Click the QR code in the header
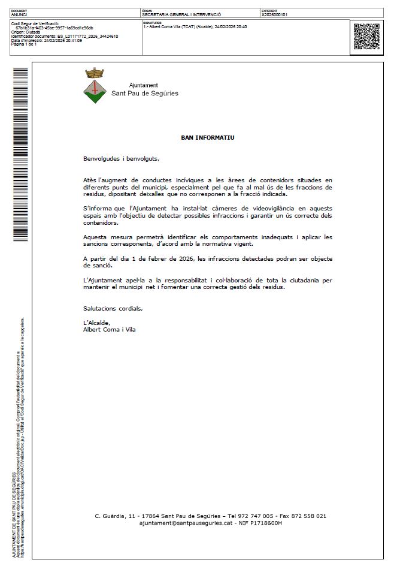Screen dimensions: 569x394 pos(366,36)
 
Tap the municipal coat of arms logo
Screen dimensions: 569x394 pos(95,86)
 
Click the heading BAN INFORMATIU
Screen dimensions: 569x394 pos(208,137)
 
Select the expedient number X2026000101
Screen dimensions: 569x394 pos(275,14)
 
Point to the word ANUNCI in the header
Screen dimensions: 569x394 pos(19,14)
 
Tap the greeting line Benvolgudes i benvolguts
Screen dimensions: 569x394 pos(122,159)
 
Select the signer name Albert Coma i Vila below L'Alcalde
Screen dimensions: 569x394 pos(109,329)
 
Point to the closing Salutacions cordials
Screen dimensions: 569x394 pos(113,308)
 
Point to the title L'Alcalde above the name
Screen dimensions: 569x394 pos(97,323)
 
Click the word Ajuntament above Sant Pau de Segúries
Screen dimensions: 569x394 pos(144,85)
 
